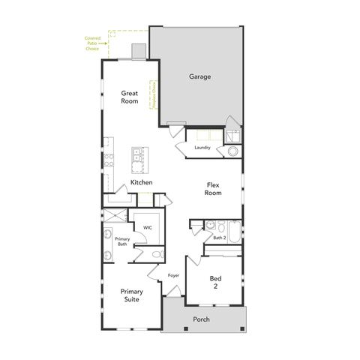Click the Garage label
coord(199,76)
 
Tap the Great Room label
coord(130,97)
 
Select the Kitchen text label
coord(142,183)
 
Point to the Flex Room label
coord(214,188)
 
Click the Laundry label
coord(202,148)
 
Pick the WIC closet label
coord(148,226)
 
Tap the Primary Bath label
coord(122,241)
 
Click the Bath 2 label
coord(219,238)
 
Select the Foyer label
coord(173,275)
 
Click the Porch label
coord(201,319)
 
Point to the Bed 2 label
coord(214,283)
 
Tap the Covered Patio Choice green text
coord(92,43)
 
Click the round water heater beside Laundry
coord(232,151)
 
